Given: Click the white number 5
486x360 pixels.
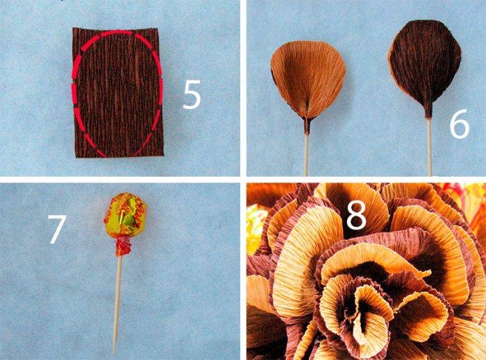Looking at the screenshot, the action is pyautogui.click(x=192, y=95).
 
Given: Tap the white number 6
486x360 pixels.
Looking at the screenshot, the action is pyautogui.click(x=460, y=124).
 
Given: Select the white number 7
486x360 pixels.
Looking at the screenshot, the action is pyautogui.click(x=57, y=229).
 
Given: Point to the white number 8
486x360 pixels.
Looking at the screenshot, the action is pyautogui.click(x=356, y=214).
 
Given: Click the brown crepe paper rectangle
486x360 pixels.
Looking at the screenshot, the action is pyautogui.click(x=118, y=92).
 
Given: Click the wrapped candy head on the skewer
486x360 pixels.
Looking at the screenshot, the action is pyautogui.click(x=125, y=214).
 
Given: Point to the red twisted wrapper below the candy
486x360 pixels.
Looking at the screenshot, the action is pyautogui.click(x=124, y=246).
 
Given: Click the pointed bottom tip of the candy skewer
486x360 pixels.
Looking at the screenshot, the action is pyautogui.click(x=114, y=353).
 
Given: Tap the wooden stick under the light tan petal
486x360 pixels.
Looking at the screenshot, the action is pyautogui.click(x=306, y=155).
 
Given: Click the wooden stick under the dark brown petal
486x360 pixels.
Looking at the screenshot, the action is pyautogui.click(x=430, y=147).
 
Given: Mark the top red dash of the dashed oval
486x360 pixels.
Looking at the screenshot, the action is pyautogui.click(x=117, y=33).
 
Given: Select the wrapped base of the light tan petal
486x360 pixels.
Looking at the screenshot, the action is pyautogui.click(x=306, y=126).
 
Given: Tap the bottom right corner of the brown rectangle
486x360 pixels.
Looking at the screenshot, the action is pyautogui.click(x=164, y=155).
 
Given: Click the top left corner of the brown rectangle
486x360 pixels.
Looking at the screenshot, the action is pyautogui.click(x=73, y=28).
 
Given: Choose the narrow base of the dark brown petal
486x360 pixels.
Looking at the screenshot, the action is pyautogui.click(x=428, y=111).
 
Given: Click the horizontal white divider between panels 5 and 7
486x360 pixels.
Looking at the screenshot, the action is pyautogui.click(x=120, y=180).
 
